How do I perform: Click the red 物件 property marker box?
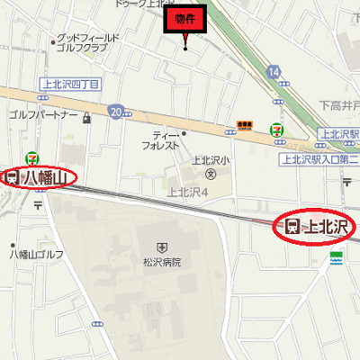[185, 18]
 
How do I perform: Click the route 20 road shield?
[115, 111]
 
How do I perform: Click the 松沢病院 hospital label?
[161, 262]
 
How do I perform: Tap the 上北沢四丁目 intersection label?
[70, 84]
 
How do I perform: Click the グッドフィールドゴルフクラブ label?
[88, 43]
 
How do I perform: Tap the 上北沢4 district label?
[188, 191]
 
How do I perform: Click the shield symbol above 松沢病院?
[161, 246]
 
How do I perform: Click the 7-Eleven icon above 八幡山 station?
[33, 156]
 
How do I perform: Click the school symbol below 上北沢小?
[211, 174]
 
